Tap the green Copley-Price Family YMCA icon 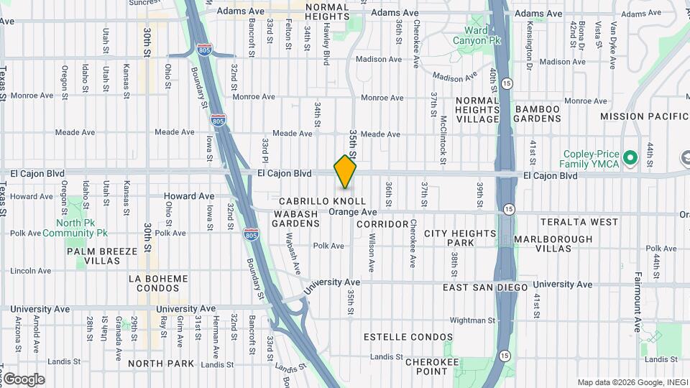pyautogui.click(x=630, y=157)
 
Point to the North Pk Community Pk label pyautogui.click(x=74, y=228)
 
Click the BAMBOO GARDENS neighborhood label pyautogui.click(x=537, y=114)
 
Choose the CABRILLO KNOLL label pyautogui.click(x=322, y=201)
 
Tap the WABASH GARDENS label pyautogui.click(x=295, y=218)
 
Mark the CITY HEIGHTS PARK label pyautogui.click(x=460, y=239)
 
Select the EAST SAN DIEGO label pyautogui.click(x=485, y=287)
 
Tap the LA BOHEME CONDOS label pyautogui.click(x=157, y=283)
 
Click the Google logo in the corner pyautogui.click(x=24, y=379)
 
